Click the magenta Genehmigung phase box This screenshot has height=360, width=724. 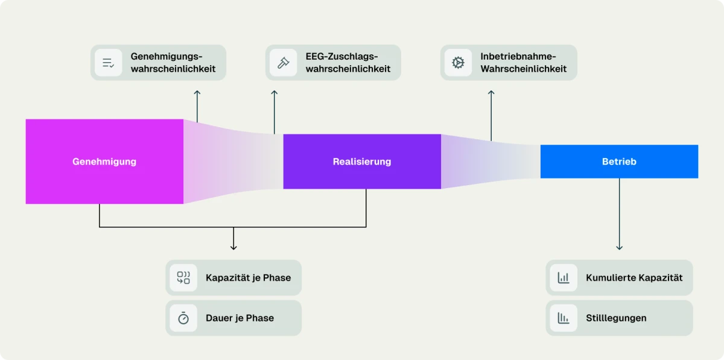click(x=104, y=162)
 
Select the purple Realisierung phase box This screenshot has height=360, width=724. click(x=362, y=162)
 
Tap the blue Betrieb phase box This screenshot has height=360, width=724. click(x=619, y=162)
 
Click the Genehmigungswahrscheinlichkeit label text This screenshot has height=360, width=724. click(x=173, y=62)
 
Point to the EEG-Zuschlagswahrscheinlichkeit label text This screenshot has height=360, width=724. click(x=348, y=62)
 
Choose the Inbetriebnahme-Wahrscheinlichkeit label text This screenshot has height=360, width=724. click(x=524, y=62)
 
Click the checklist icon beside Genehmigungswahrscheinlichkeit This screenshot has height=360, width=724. click(x=109, y=63)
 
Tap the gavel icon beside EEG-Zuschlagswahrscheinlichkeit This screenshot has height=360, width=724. click(x=283, y=63)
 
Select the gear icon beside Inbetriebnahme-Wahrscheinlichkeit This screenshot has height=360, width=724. click(x=459, y=63)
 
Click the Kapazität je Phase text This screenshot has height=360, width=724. click(x=248, y=278)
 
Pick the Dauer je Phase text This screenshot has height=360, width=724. click(x=240, y=318)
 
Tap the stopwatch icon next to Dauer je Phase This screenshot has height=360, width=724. click(x=183, y=318)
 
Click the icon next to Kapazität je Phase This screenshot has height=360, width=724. click(x=183, y=278)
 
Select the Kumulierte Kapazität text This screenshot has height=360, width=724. click(x=634, y=278)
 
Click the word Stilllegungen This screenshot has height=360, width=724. click(x=616, y=318)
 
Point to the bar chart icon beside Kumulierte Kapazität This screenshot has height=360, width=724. click(x=564, y=278)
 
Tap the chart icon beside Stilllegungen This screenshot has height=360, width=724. click(x=564, y=318)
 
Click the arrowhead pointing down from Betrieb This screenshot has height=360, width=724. click(x=619, y=247)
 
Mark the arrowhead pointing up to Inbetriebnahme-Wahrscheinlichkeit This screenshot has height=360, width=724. click(x=491, y=93)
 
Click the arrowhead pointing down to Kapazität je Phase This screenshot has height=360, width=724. click(x=233, y=247)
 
